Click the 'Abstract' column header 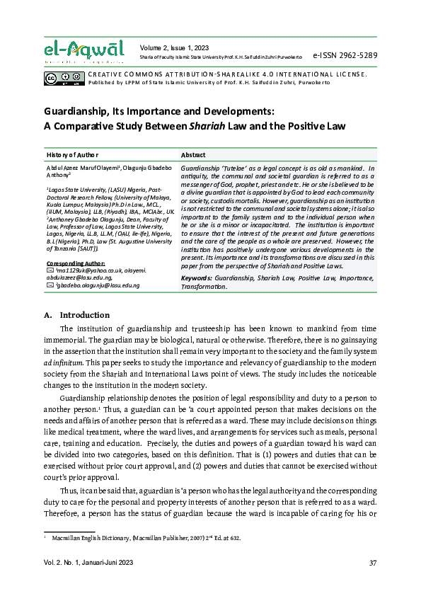point(193,154)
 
